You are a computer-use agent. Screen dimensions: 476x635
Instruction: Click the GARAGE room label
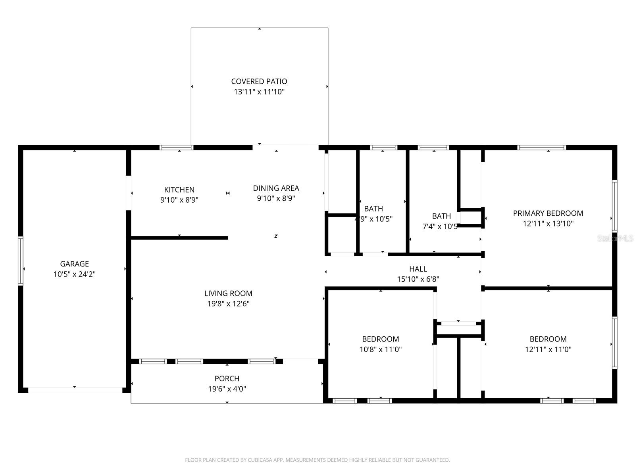pos(74,264)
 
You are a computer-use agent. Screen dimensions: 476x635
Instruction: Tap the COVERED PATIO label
pos(259,81)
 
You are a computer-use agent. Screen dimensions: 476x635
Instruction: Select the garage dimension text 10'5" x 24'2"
pos(74,274)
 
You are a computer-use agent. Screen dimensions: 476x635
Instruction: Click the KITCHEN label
pos(179,190)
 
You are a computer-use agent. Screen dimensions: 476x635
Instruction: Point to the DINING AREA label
pos(276,188)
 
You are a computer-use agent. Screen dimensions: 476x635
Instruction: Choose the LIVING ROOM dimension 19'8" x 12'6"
pos(228,304)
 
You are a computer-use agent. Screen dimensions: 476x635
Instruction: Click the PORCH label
pos(227,379)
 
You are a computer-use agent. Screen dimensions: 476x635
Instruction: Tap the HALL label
pos(418,269)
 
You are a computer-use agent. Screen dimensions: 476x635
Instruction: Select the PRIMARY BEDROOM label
pos(548,213)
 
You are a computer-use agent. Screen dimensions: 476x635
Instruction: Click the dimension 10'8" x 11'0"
pos(380,349)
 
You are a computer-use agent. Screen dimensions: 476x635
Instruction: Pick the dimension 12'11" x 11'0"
pos(548,349)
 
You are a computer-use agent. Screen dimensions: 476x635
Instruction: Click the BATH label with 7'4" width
pos(441,216)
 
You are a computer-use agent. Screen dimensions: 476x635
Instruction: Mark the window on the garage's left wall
pos(21,261)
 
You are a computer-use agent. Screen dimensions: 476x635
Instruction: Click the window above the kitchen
pos(177,148)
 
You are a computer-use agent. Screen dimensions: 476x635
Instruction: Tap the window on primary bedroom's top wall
pos(541,148)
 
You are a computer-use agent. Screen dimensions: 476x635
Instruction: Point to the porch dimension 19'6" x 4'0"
pos(227,389)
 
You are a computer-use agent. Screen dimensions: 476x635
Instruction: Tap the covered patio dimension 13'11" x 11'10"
pos(259,92)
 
